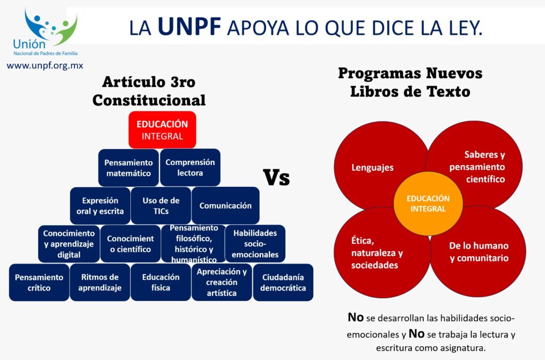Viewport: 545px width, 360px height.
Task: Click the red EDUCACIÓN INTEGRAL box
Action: coord(162,130)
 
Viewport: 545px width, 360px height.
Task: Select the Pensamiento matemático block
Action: coord(129,168)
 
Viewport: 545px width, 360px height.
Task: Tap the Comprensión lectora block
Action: coord(190,167)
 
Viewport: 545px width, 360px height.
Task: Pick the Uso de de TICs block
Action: coord(161,206)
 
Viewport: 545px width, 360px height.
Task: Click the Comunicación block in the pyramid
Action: coord(226,206)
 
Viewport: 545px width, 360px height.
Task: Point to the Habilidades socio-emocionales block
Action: coord(255,243)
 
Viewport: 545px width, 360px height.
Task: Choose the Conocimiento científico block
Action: coord(130,243)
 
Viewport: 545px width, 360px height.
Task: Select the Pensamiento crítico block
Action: coord(39,282)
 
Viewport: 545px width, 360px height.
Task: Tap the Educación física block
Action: coord(161,282)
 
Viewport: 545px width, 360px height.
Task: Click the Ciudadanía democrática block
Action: coord(283,282)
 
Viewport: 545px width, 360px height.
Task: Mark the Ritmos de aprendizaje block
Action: coord(100,282)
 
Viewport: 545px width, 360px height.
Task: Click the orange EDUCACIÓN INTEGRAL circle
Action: coord(428,203)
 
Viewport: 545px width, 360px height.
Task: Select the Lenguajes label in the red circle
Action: coord(373,168)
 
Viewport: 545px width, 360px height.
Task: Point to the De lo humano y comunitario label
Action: coord(479,252)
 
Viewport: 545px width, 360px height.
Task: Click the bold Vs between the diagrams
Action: coord(276,177)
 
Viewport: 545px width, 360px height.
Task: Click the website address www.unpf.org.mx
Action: coord(45,66)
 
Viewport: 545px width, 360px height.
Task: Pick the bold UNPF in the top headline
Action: coord(189,27)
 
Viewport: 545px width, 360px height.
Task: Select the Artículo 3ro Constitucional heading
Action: coord(149,91)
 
